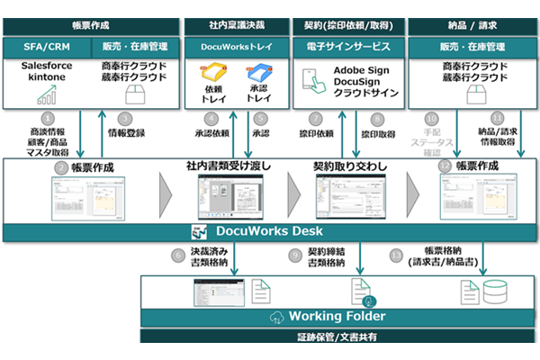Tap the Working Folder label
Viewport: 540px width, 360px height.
325,317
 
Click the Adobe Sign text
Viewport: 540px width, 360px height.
361,69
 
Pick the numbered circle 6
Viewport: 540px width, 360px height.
179,255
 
